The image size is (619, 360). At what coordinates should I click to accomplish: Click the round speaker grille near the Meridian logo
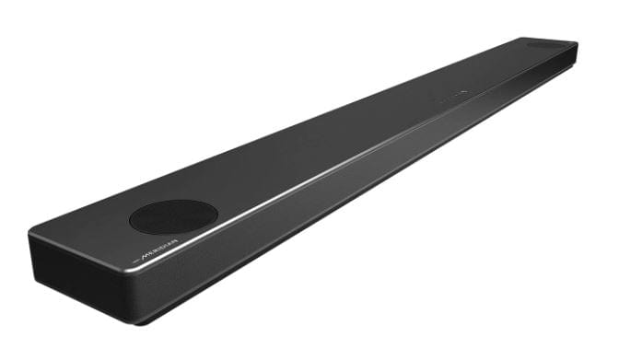coord(173,216)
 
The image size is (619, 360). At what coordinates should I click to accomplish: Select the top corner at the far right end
coord(576,42)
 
